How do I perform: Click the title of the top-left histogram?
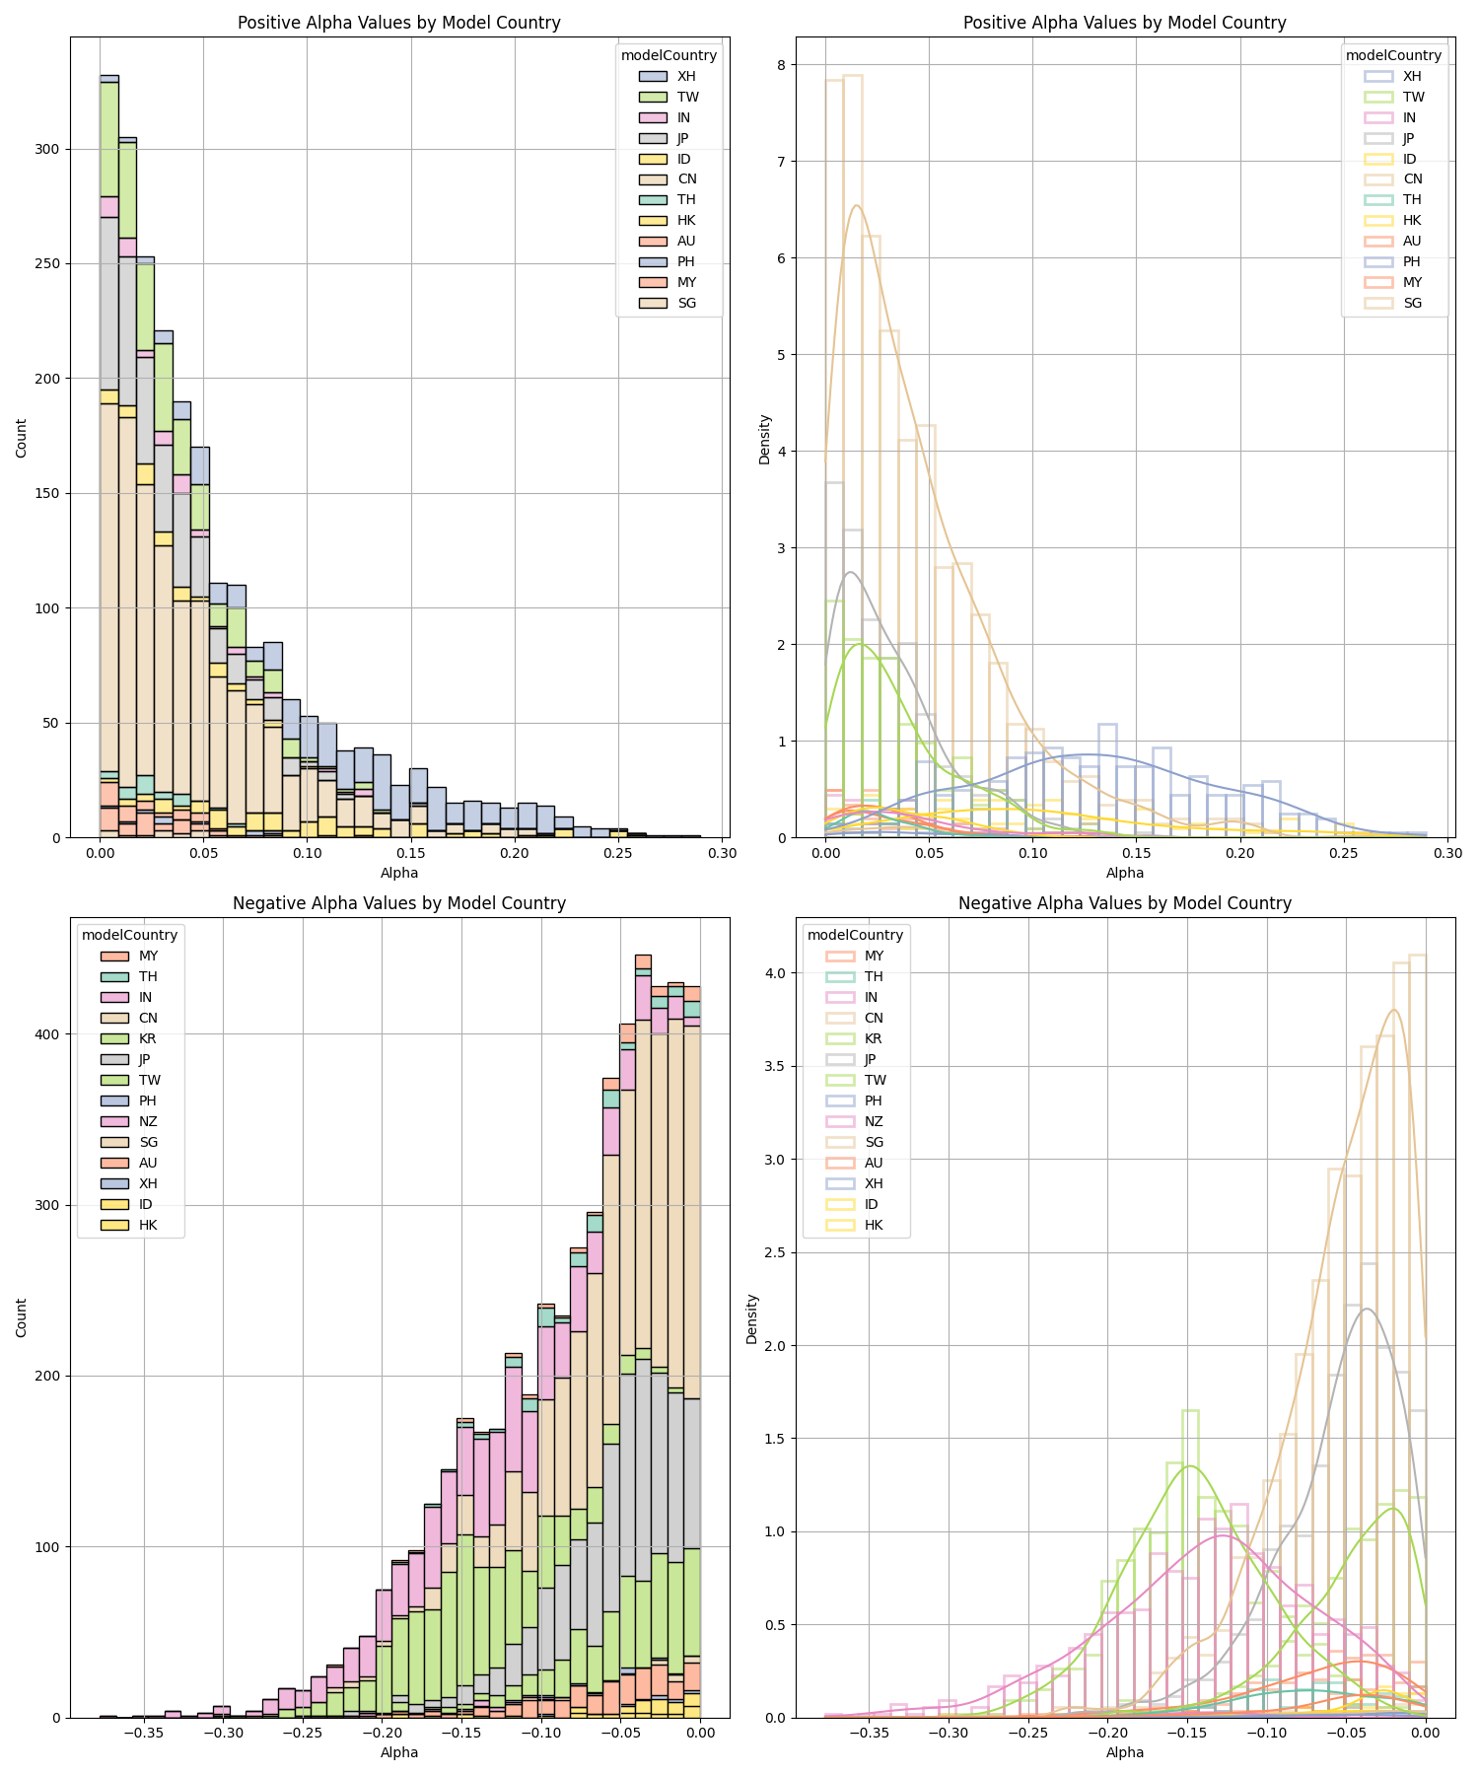pos(399,23)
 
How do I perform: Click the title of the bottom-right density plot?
pos(1125,903)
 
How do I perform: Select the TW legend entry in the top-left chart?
pos(687,97)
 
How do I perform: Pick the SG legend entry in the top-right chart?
pos(1413,303)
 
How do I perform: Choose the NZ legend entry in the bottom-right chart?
pos(874,1121)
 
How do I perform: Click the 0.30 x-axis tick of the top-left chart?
pos(722,853)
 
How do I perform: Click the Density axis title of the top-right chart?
pos(764,439)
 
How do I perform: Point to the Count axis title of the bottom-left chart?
pos(22,1317)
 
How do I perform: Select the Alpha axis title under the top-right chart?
pos(1125,873)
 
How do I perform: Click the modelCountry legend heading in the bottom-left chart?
pos(129,935)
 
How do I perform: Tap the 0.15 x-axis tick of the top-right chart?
pos(1136,853)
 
